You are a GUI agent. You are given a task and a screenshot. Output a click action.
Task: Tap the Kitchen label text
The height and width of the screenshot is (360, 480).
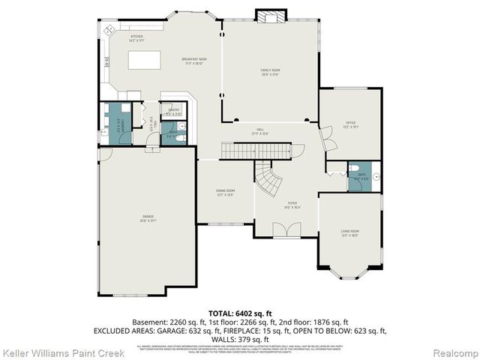click(x=136, y=37)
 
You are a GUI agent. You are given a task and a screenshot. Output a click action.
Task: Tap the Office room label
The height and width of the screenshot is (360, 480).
click(x=349, y=124)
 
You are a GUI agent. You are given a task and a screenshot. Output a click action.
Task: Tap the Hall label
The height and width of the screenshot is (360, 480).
click(x=260, y=131)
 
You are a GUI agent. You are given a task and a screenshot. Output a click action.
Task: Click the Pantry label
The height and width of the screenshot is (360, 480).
click(x=174, y=112)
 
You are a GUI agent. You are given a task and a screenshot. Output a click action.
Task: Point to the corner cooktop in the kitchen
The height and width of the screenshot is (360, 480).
click(x=110, y=30)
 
